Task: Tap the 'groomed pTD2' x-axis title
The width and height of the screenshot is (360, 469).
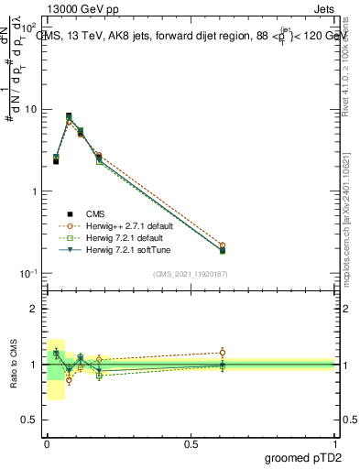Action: point(302,457)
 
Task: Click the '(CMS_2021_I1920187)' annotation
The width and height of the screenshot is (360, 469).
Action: point(190,273)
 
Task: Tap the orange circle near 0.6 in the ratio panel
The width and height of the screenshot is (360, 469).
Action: point(222,352)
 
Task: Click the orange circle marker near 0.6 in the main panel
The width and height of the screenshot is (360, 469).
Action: point(222,245)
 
